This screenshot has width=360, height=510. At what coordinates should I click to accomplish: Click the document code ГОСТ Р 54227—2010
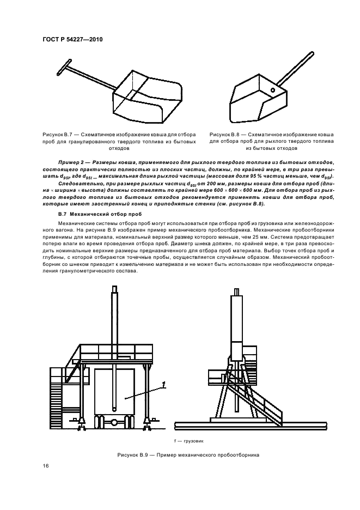click(72, 40)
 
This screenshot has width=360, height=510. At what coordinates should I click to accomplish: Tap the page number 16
click(45, 466)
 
